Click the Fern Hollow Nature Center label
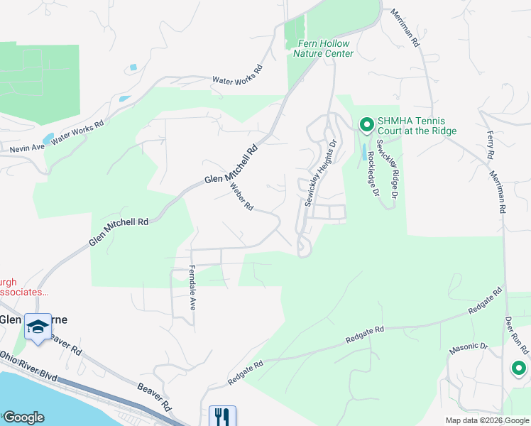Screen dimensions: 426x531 tap(323, 48)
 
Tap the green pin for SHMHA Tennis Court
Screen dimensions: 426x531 tap(366, 126)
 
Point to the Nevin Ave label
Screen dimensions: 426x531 tap(27, 148)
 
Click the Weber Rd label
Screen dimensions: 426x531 tap(241, 197)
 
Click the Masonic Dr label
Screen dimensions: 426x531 tap(469, 348)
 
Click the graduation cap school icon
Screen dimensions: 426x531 tap(38, 326)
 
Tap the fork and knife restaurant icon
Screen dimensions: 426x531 tap(222, 416)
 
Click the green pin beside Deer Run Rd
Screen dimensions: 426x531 tap(518, 368)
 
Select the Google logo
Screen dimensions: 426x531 tap(23, 417)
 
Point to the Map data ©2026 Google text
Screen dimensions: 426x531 tap(486, 420)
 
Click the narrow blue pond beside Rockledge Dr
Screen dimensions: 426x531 tap(365, 152)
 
